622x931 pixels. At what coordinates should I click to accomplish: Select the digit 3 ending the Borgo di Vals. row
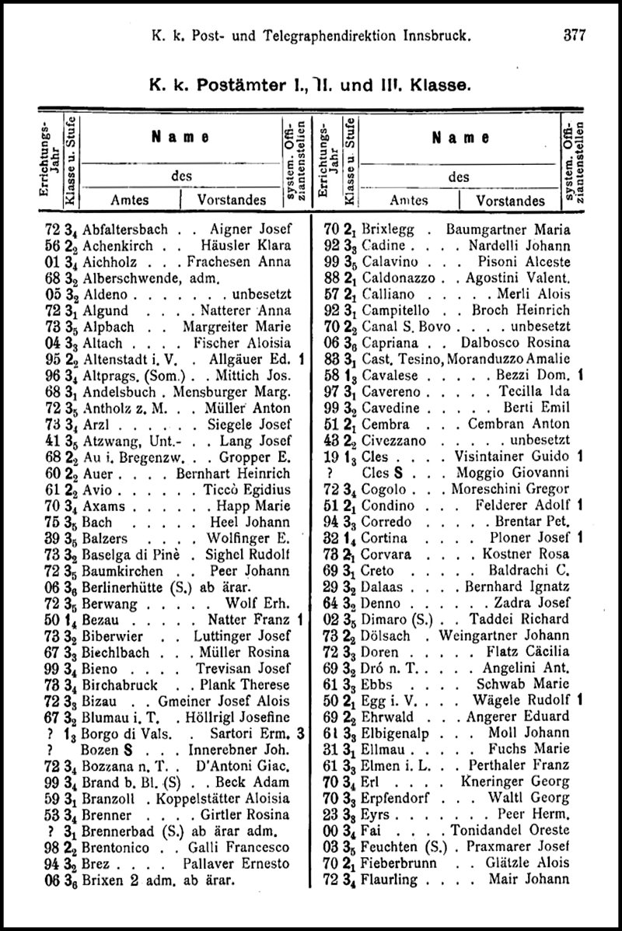(x=300, y=732)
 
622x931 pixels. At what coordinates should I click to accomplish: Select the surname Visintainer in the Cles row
(x=492, y=457)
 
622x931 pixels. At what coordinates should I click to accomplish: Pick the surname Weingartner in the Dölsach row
(x=484, y=635)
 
